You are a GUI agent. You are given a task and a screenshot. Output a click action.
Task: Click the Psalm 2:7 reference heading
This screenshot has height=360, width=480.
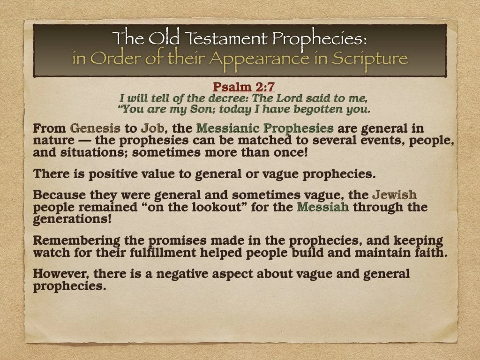243,87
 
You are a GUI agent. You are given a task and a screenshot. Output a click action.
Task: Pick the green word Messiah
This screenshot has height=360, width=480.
323,207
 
